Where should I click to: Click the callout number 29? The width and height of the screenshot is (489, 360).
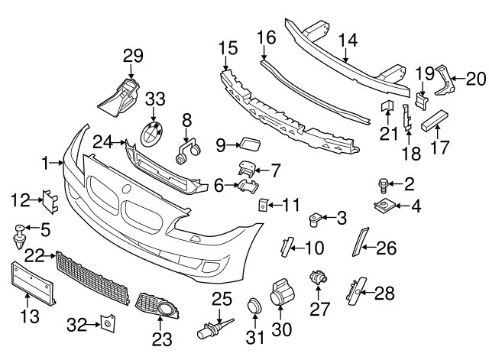(133, 55)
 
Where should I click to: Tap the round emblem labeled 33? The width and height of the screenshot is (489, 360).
(151, 135)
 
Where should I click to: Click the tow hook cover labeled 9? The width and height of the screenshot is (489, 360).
(248, 142)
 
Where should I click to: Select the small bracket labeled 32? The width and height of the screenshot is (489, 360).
(106, 323)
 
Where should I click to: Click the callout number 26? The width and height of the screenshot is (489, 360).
(387, 246)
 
